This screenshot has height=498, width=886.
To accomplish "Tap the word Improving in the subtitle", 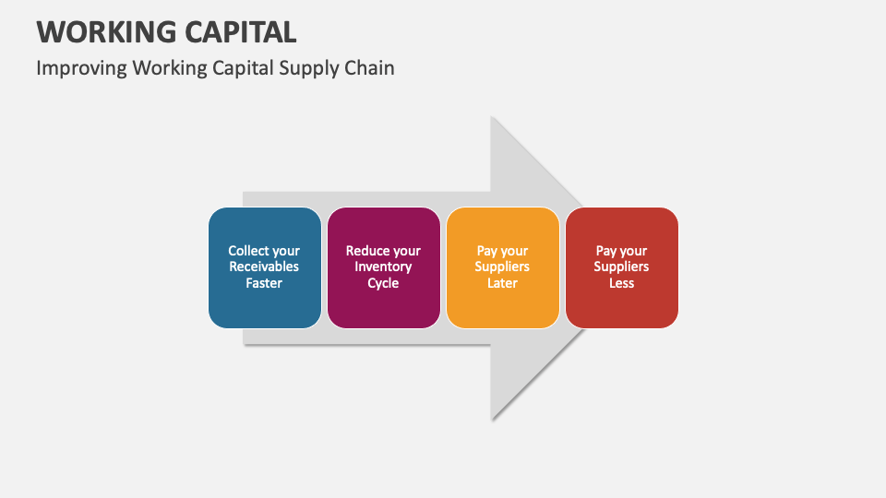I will click(81, 68).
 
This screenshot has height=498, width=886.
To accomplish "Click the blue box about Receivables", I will click(265, 267).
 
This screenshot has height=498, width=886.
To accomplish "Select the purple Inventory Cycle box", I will click(383, 267).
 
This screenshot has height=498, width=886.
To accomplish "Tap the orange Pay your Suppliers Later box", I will click(502, 267).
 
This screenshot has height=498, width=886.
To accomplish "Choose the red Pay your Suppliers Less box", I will click(621, 267).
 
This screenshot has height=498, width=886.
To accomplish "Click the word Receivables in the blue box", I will click(264, 267).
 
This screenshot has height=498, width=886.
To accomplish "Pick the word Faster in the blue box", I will click(264, 283).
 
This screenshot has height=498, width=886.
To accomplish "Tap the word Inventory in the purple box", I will click(383, 267).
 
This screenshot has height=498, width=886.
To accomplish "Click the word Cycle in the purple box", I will click(383, 283).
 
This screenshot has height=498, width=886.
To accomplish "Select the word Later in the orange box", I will click(502, 283).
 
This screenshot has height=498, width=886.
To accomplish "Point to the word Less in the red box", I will click(621, 283).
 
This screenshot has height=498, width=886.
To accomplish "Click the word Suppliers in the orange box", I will click(502, 267).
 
